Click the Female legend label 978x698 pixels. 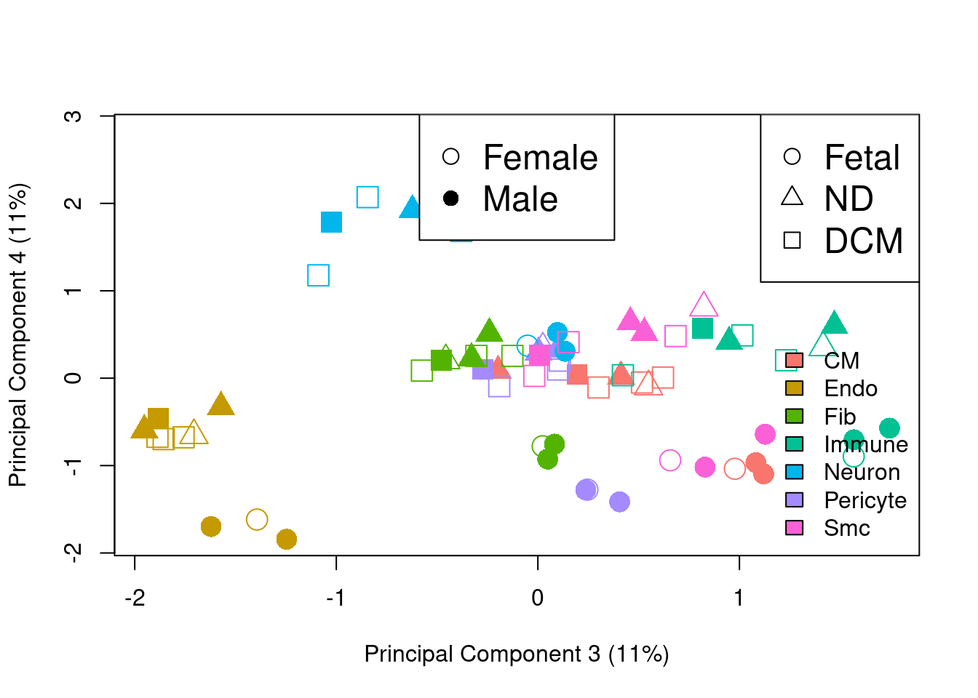point(540,158)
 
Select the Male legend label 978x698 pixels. point(520,199)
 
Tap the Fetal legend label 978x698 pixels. point(862,158)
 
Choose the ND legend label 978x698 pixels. point(848,199)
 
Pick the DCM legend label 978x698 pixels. point(863,241)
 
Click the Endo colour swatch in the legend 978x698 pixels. point(794,388)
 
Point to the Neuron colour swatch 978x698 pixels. point(794,472)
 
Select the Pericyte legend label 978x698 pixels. point(864,500)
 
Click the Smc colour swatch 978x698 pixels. point(794,528)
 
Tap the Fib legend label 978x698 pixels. point(840,417)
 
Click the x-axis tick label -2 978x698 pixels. point(135,598)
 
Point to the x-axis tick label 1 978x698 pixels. point(739,598)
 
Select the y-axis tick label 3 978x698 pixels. point(73,116)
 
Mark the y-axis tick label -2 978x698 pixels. point(73,553)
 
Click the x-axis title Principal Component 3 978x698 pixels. point(517,654)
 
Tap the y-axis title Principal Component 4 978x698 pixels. point(17,334)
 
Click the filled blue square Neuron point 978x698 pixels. point(331,222)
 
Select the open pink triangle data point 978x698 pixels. point(703,305)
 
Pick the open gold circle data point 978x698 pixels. point(256,519)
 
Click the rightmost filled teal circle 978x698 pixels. point(889,428)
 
